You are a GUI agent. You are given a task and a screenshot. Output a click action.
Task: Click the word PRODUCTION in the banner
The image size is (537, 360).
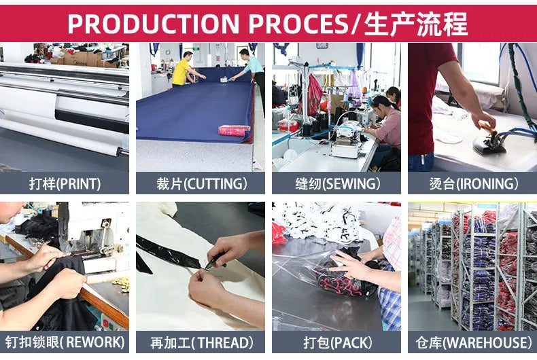(153, 24)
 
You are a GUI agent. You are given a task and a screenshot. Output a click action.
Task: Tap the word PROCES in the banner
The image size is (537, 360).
(298, 24)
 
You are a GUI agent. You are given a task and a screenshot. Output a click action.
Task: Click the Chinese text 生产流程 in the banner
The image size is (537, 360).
(416, 24)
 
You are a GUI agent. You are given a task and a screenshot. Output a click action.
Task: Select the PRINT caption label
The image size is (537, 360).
(65, 184)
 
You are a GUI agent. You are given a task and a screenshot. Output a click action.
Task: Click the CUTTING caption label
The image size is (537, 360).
(201, 184)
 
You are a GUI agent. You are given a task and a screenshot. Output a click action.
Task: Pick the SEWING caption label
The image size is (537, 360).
(337, 184)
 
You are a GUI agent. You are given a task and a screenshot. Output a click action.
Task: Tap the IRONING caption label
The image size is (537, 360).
(474, 184)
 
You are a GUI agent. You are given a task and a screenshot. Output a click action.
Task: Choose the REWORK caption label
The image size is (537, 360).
(65, 342)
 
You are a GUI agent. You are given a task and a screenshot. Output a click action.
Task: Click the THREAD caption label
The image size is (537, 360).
(201, 342)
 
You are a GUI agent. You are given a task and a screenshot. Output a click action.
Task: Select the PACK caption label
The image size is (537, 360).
(337, 342)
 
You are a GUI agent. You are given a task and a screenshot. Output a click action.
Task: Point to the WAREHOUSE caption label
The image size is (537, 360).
(474, 342)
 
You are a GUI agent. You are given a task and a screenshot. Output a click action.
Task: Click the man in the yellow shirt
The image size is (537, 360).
(184, 69)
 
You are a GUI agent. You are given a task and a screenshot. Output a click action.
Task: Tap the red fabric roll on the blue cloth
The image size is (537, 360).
(235, 130)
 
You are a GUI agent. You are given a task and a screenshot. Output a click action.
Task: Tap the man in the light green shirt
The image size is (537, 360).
(251, 69)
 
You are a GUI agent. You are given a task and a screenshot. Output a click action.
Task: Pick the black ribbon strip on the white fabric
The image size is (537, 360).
(168, 253)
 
